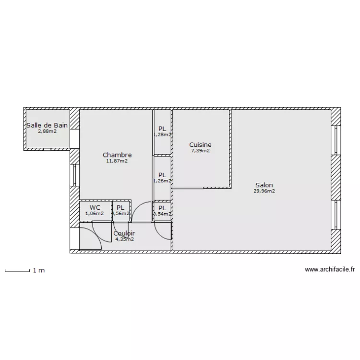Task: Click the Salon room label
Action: pos(264,185)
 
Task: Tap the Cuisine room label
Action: pos(200,144)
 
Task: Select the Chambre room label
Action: pos(117,155)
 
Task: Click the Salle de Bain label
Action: pos(47,125)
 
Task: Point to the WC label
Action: pos(95,207)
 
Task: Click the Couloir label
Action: pos(124,233)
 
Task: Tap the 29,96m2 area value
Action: pos(264,191)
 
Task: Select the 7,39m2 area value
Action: pos(200,151)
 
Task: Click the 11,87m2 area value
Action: pos(117,161)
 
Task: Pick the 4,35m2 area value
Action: pos(124,239)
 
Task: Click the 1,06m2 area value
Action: pos(95,214)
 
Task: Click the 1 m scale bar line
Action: pos(17,272)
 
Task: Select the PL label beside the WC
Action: pos(120,207)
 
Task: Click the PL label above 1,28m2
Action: pos(162,129)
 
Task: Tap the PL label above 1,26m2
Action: pos(162,175)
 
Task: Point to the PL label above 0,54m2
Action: pos(162,207)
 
